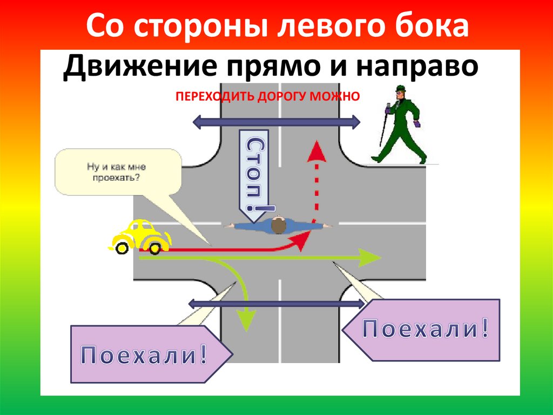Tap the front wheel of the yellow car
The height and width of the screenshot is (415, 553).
156,248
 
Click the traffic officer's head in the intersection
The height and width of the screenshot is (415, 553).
278,225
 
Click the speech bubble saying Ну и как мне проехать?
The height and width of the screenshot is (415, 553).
118,171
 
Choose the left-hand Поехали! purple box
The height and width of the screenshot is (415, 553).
146,354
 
